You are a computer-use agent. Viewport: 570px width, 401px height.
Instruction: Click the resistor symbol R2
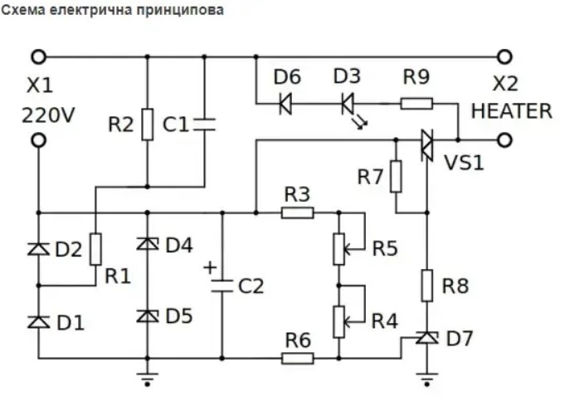point(147,124)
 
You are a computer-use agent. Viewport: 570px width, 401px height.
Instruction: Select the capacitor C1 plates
point(204,124)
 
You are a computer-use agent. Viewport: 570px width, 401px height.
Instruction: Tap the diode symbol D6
point(285,104)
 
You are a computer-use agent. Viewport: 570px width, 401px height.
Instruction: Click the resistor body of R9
point(417,104)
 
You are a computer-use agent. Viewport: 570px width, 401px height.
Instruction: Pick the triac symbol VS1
point(427,145)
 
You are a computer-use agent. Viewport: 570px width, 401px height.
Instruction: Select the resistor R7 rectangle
point(396,176)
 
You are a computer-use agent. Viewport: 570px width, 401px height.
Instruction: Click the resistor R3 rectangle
point(297,213)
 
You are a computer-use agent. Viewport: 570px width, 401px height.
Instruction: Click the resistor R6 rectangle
point(297,359)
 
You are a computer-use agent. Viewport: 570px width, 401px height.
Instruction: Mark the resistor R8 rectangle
point(427,286)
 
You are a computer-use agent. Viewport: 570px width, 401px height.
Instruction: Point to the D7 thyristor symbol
point(427,339)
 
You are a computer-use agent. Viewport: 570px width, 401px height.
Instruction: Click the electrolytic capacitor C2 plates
point(222,286)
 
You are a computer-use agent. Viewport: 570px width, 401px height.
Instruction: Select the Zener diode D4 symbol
point(147,244)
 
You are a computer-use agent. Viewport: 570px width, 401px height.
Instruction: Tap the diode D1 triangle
point(38,322)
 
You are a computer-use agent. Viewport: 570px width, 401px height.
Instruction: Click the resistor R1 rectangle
point(95,249)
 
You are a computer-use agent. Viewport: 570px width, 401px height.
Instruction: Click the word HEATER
point(511,111)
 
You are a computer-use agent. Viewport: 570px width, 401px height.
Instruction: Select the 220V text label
point(48,115)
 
